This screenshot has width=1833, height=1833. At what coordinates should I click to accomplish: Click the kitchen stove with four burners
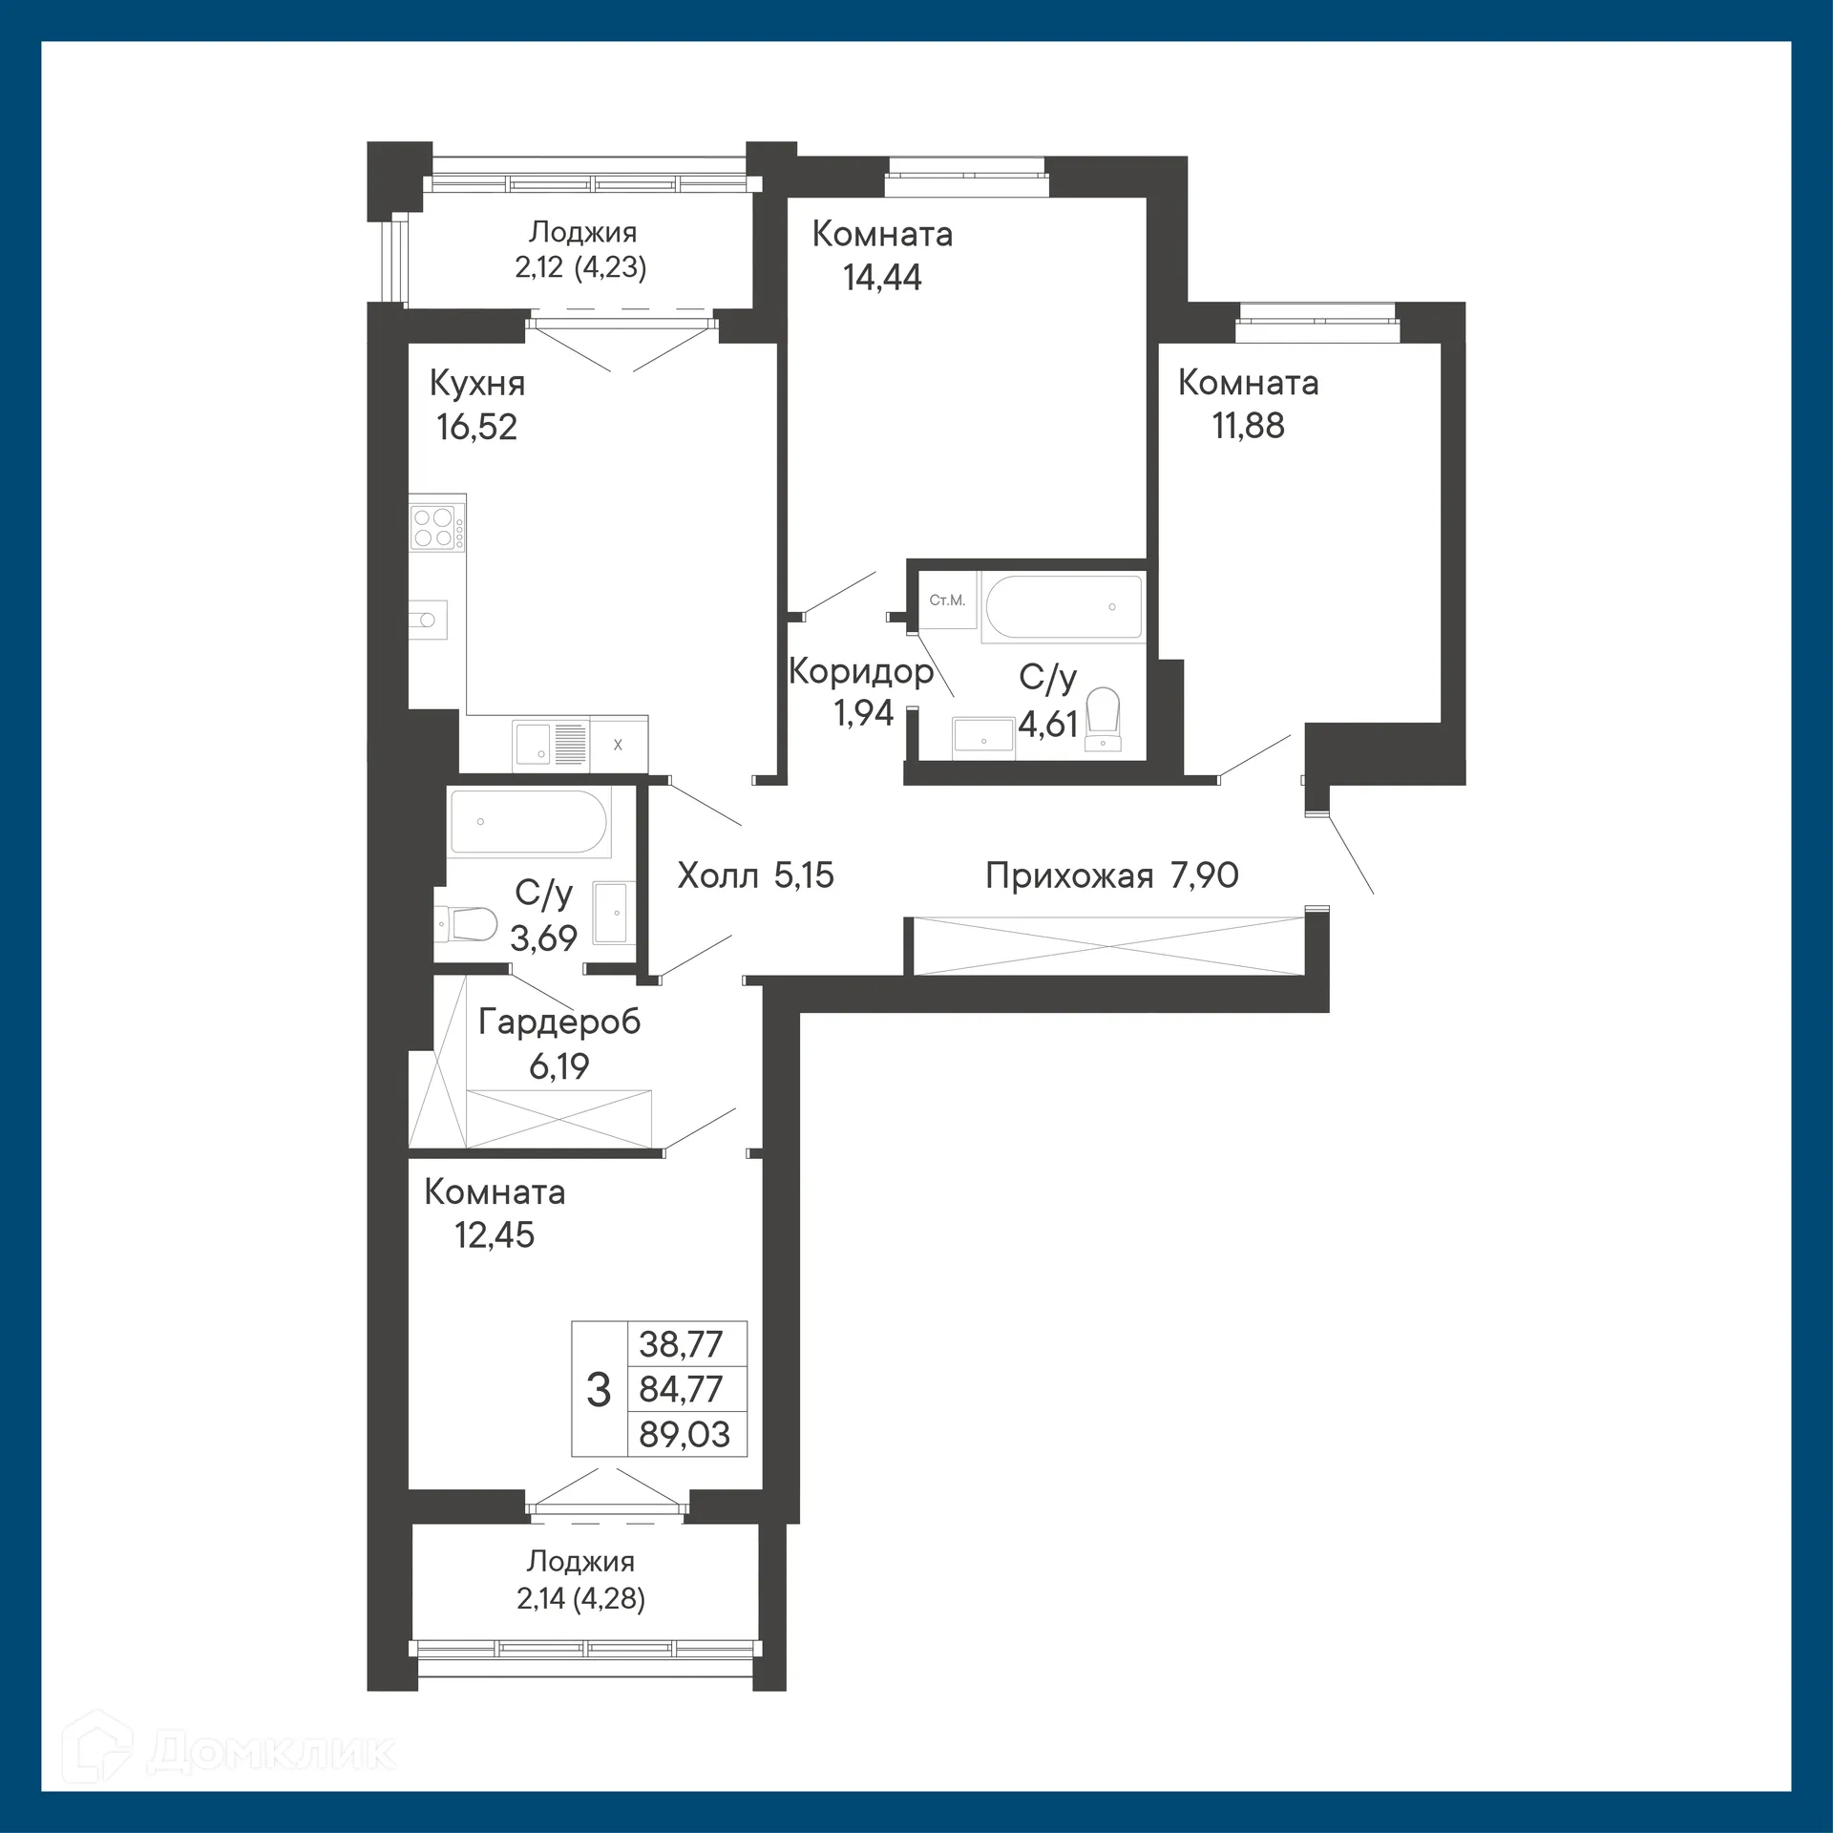432,528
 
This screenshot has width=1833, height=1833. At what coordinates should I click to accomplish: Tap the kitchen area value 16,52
476,427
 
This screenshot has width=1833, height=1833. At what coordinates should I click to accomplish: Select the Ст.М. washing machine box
947,600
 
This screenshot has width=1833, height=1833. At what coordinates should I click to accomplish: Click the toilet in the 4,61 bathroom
1104,718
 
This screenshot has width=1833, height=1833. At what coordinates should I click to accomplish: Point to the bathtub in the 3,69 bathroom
528,822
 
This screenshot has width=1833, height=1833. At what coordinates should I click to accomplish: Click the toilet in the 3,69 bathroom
469,923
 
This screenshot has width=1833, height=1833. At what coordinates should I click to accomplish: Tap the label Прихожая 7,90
1111,875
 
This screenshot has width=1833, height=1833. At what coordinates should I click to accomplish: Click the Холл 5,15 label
755,875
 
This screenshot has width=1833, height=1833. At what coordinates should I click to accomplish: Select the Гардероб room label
558,1022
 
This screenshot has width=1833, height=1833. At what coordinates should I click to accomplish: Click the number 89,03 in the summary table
685,1434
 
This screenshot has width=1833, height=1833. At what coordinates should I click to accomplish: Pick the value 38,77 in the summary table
681,1344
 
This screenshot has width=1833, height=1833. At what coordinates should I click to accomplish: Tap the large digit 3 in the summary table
599,1390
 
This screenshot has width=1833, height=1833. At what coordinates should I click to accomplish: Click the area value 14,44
882,278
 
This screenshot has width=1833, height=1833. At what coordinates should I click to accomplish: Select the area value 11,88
1248,426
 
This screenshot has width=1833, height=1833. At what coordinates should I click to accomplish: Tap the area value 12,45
494,1235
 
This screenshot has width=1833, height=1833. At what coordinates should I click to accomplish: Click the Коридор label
860,671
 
